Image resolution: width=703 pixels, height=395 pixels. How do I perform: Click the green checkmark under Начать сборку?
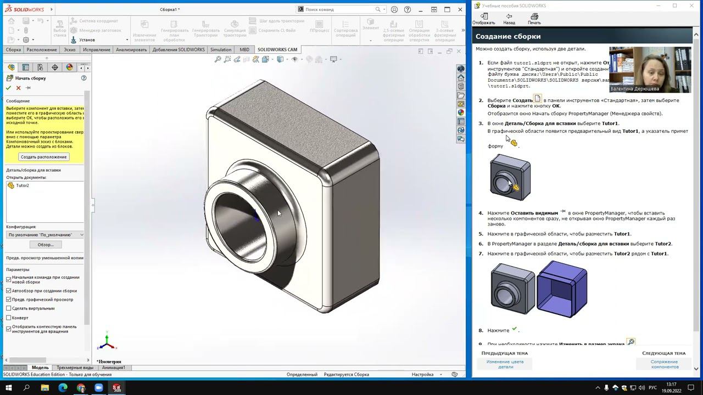coord(8,88)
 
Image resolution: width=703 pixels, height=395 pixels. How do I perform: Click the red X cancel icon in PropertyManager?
coord(18,88)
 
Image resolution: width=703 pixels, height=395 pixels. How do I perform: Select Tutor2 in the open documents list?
coord(22,185)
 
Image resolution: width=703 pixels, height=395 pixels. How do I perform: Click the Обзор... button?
coord(45,245)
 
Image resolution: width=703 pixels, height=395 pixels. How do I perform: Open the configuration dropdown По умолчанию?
coord(45,235)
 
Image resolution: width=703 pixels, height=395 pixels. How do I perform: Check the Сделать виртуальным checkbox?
coord(9,308)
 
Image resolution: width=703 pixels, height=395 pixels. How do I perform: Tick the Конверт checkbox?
coord(9,318)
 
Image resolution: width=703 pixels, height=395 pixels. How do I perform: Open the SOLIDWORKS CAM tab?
coord(277,49)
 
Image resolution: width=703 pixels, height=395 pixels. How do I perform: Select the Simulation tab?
coord(221,49)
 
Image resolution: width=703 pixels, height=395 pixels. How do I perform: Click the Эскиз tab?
coord(69,49)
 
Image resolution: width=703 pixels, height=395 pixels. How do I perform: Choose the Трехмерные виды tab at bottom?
coord(75,368)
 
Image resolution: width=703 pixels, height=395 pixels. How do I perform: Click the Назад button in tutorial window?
coord(509,19)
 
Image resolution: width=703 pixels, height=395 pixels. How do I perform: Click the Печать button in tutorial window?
coord(534,19)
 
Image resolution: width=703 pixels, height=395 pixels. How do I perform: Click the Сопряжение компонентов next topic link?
coord(664,364)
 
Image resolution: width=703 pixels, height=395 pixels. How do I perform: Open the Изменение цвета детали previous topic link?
coord(505,364)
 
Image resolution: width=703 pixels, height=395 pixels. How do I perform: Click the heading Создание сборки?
coord(508,36)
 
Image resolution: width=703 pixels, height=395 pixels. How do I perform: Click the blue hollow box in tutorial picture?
coord(562,289)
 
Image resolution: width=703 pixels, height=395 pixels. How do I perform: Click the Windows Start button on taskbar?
coord(8,388)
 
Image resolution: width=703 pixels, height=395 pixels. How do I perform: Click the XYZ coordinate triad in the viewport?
coord(107,343)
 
